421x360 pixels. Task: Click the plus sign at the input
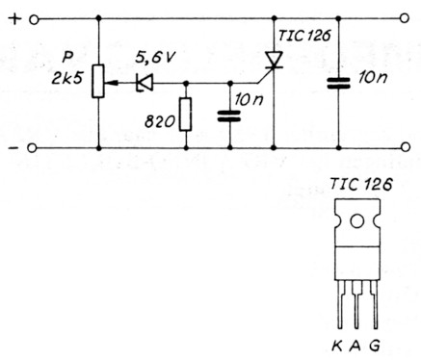point(13,18)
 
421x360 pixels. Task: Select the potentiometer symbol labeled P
point(100,84)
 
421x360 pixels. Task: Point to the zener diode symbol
point(145,84)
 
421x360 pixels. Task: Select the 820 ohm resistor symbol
point(185,116)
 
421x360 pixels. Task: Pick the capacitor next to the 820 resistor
point(230,116)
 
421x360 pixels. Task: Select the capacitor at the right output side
point(339,83)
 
